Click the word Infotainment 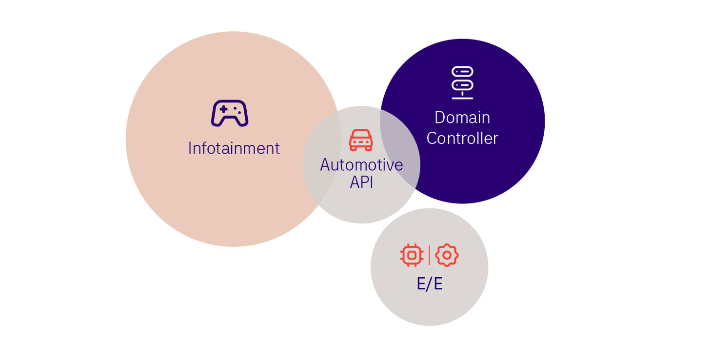(x=234, y=148)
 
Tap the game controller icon (x=229, y=113)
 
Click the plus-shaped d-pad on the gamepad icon (x=223, y=109)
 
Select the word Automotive (x=361, y=165)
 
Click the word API (x=361, y=183)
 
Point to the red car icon (x=361, y=140)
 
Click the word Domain (x=462, y=118)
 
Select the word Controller (x=462, y=139)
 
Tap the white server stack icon (x=462, y=82)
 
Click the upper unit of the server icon (x=462, y=71)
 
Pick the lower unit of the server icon (x=462, y=84)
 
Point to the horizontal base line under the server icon (x=462, y=99)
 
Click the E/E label (x=429, y=284)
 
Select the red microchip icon (x=412, y=255)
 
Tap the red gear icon (x=447, y=255)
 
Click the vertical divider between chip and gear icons (x=429, y=255)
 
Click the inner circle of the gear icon (x=447, y=255)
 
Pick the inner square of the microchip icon (x=412, y=255)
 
